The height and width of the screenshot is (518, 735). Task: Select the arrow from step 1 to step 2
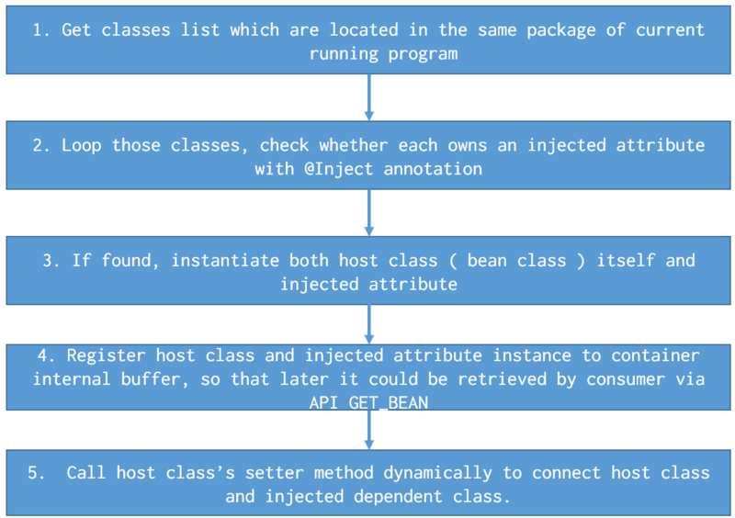[369, 97]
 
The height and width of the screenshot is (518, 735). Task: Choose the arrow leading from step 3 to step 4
[369, 324]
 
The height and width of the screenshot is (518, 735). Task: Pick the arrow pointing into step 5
[369, 430]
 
